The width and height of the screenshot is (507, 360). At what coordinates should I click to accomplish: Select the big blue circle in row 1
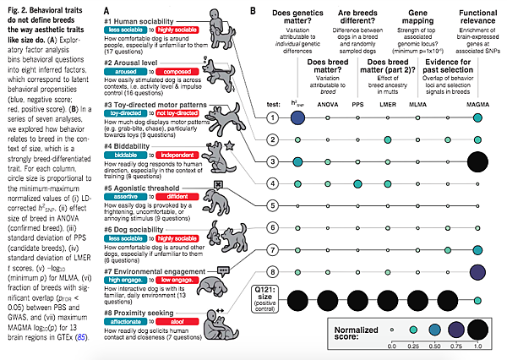point(297,116)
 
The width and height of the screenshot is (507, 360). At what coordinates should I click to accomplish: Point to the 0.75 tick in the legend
point(458,346)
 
